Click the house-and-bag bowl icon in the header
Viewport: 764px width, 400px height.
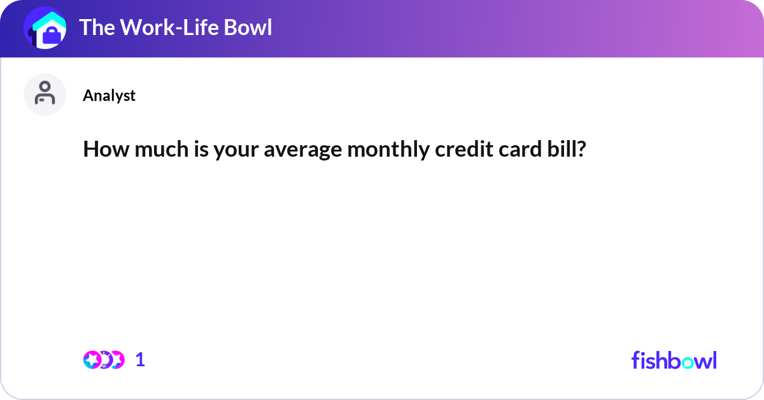click(x=45, y=29)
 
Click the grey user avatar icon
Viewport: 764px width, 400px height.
click(x=45, y=94)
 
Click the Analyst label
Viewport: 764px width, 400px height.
click(x=109, y=96)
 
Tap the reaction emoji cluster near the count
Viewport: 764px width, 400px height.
click(x=104, y=360)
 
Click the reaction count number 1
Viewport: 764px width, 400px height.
click(x=141, y=360)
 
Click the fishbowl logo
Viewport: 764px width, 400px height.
click(x=674, y=360)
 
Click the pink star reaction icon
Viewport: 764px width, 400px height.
click(x=92, y=360)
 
